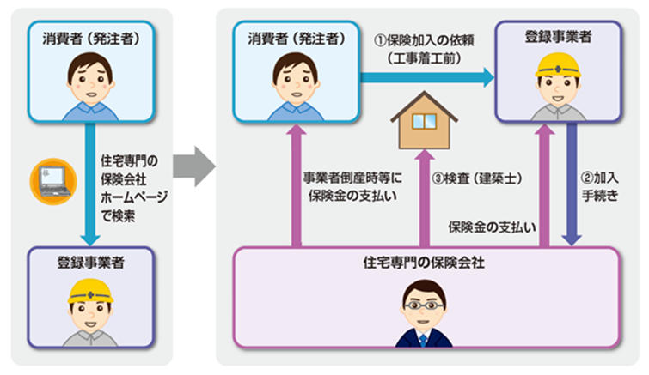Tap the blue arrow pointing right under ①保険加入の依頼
[x=426, y=77]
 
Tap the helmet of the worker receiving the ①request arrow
[x=558, y=66]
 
